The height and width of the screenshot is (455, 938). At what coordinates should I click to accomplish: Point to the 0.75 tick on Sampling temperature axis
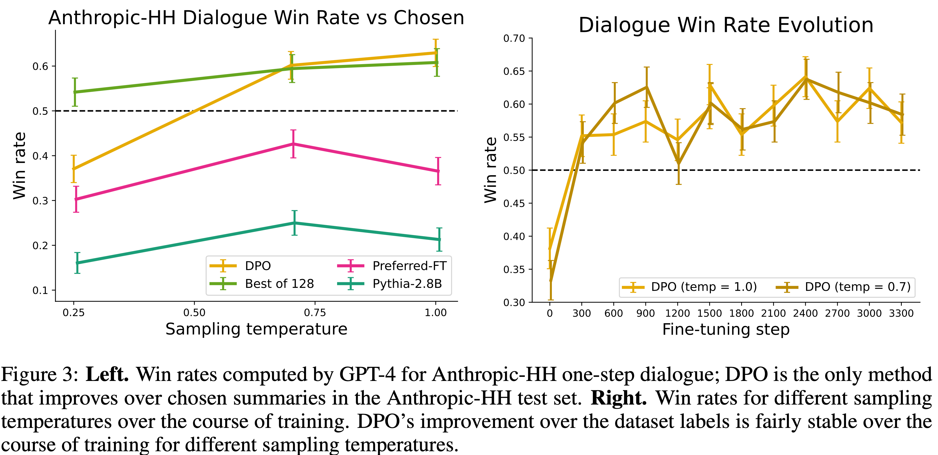pos(315,313)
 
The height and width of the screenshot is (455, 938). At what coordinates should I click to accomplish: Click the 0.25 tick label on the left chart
pos(73,313)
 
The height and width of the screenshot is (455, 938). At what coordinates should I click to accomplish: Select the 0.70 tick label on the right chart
pos(514,38)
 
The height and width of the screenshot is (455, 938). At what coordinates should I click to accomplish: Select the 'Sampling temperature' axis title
pos(256,329)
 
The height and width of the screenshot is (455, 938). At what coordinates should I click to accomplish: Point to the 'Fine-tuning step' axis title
pos(726,329)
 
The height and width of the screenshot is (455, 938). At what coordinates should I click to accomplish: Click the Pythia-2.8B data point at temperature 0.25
pos(77,263)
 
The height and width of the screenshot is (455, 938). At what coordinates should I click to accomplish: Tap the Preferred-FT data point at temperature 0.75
pos(293,144)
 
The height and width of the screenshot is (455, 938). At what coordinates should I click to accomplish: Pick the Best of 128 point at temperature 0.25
pos(75,92)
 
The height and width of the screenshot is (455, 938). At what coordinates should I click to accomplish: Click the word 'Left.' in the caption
pos(107,374)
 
